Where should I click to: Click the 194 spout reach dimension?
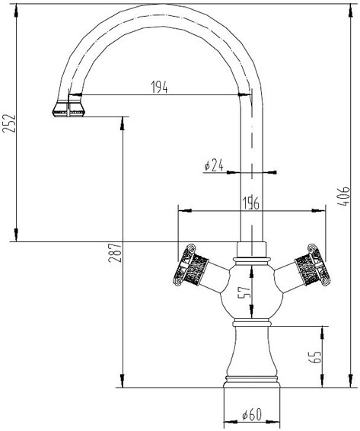(x=159, y=87)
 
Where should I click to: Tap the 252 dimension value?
(x=9, y=123)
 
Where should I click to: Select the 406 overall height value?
(x=343, y=196)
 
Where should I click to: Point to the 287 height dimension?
(x=115, y=252)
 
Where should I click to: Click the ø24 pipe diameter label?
(x=214, y=165)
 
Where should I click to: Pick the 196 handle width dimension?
(x=250, y=203)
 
